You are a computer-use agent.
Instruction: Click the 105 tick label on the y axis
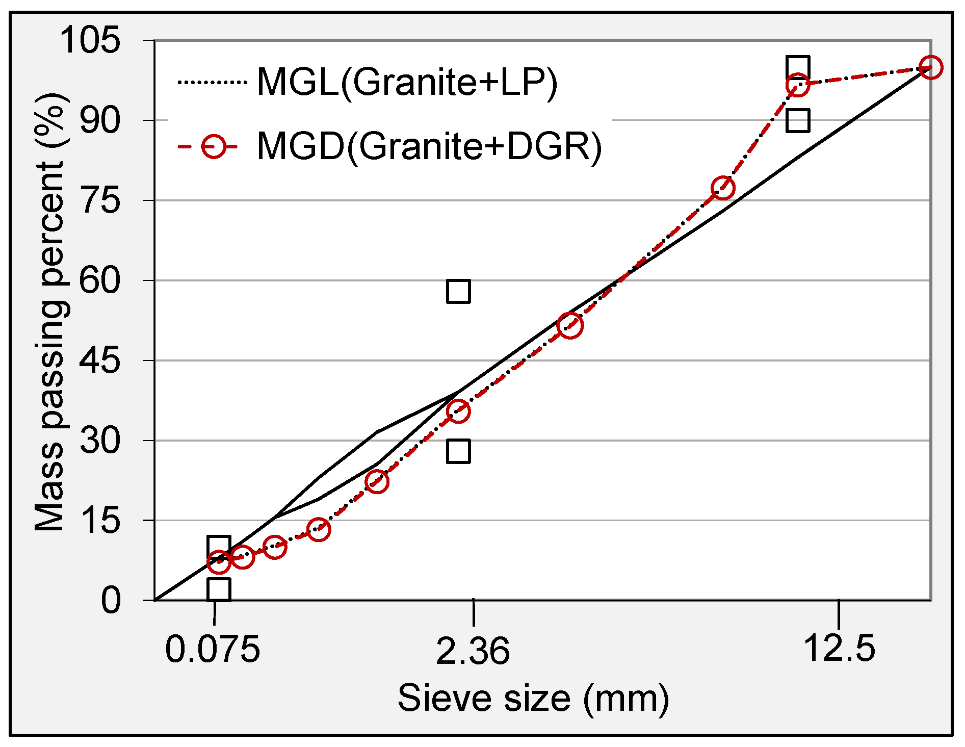click(x=90, y=40)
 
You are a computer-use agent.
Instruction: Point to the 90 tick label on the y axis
click(x=100, y=121)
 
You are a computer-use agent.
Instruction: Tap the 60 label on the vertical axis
click(x=100, y=281)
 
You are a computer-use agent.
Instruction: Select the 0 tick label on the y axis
click(x=111, y=601)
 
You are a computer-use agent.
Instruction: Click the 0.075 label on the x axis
click(x=213, y=650)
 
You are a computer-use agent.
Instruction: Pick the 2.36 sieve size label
click(x=473, y=651)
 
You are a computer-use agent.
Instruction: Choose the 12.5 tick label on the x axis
click(x=839, y=649)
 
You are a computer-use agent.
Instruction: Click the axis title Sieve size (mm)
click(x=533, y=698)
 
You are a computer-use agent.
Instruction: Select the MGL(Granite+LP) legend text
click(x=407, y=82)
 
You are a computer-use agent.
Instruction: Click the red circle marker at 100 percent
click(x=930, y=67)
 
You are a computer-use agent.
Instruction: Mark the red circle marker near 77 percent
click(x=722, y=188)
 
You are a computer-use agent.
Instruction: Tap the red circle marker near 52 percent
click(x=569, y=325)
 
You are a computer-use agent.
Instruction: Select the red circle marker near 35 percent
click(x=458, y=411)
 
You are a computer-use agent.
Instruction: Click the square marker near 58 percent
click(x=458, y=292)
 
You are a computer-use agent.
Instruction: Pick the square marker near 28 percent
click(x=458, y=451)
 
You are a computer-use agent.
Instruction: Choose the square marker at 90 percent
click(x=797, y=121)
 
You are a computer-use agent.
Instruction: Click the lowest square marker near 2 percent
click(x=219, y=589)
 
